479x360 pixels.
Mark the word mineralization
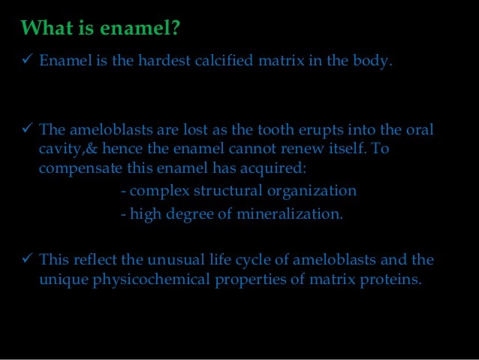point(291,214)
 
